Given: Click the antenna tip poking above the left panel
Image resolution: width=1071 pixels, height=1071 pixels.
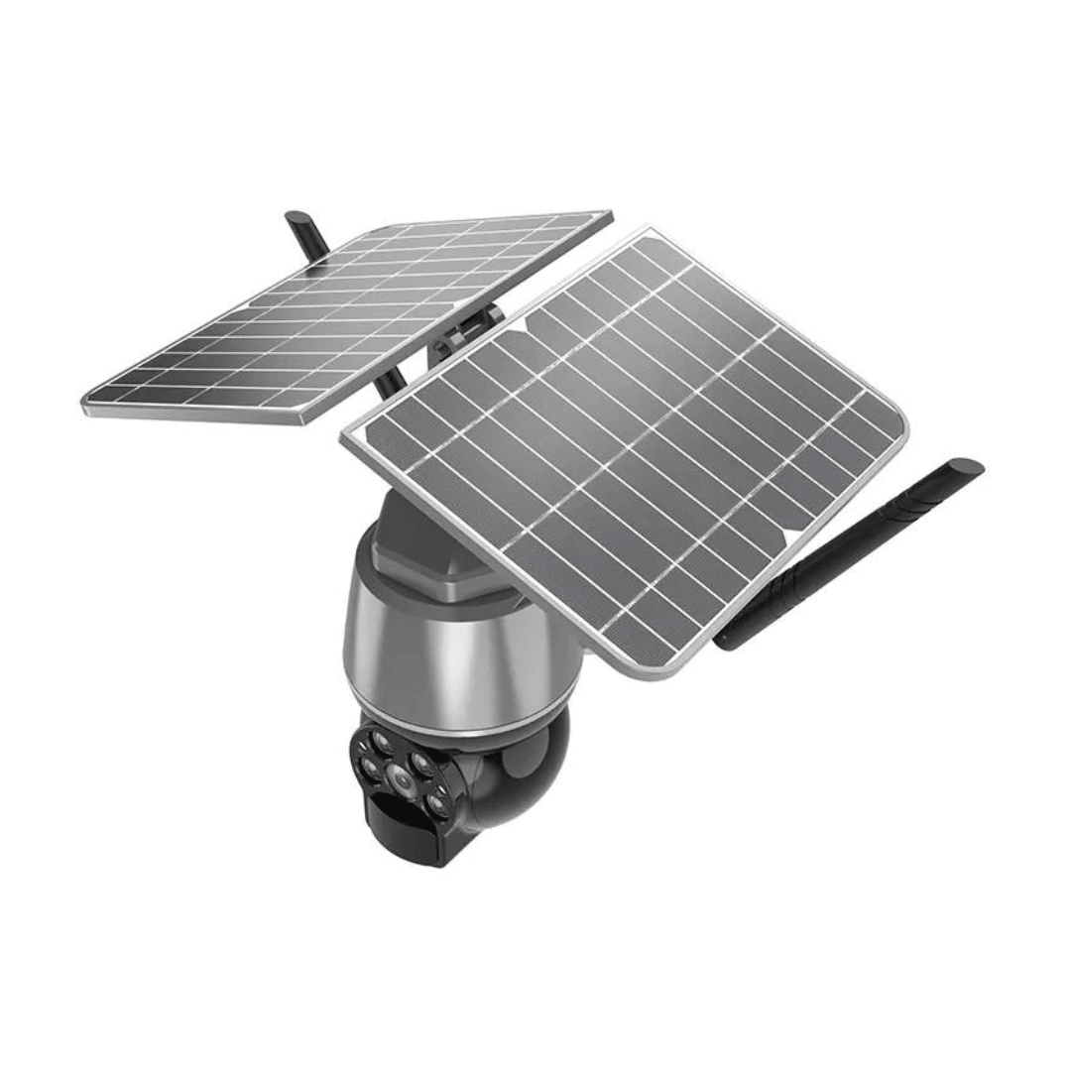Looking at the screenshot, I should point(296,220).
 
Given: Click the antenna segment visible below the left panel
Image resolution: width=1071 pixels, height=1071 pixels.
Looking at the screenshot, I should point(392,382).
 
